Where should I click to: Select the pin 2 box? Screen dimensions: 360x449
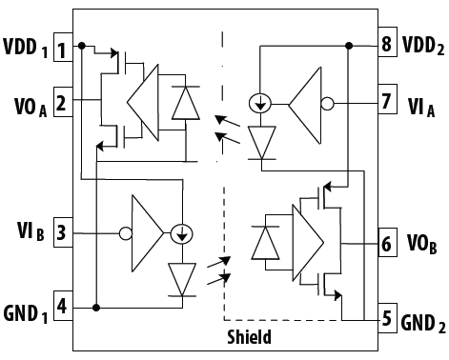(x=61, y=100)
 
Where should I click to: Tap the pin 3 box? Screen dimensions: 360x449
(x=61, y=230)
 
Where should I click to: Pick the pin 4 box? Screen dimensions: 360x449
(x=61, y=307)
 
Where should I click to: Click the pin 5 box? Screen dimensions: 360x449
(x=385, y=318)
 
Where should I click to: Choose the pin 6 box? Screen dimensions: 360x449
(x=385, y=243)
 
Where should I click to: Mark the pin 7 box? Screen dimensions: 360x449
(x=385, y=102)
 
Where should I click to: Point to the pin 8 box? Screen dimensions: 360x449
(x=385, y=45)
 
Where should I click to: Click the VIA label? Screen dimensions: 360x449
(x=418, y=103)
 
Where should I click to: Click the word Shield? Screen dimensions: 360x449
(x=249, y=337)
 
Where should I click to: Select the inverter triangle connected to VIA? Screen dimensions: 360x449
(x=306, y=102)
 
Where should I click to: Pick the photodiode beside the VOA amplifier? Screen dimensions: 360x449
(x=179, y=104)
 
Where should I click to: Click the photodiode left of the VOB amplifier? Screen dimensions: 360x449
(x=264, y=243)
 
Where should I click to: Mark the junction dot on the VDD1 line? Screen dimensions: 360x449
(x=82, y=46)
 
